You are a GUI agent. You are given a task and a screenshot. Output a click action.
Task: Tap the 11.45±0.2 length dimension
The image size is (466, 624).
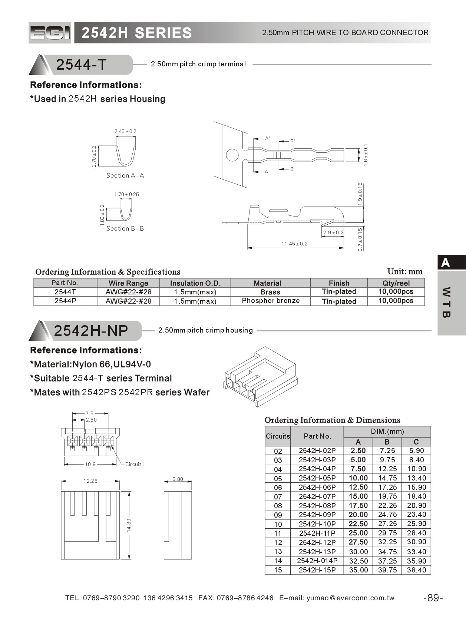294,244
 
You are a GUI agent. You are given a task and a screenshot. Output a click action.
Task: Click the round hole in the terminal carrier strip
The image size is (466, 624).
232,155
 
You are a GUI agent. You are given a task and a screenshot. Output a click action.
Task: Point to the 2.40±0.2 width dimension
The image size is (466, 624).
125,131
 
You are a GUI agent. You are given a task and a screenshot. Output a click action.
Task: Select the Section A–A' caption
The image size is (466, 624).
126,175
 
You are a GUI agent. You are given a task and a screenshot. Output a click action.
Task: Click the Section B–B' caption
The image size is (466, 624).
126,228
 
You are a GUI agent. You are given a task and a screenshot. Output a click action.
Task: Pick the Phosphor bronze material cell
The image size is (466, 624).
271,301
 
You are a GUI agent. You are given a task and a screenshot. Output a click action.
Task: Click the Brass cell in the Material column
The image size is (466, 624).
270,292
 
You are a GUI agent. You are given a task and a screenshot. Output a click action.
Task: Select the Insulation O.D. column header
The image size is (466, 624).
195,283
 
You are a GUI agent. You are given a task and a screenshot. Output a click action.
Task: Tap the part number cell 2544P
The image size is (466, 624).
65,301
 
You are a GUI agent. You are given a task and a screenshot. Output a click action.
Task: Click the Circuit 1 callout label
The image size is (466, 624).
135,464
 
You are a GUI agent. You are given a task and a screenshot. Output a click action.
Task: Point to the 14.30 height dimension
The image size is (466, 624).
129,525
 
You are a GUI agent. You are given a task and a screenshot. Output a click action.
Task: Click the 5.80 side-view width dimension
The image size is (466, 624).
178,479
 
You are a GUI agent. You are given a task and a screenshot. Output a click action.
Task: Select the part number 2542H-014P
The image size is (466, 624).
317,561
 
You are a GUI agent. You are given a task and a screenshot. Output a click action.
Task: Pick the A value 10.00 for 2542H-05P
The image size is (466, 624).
358,478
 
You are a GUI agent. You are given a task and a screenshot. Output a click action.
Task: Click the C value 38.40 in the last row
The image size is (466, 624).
416,570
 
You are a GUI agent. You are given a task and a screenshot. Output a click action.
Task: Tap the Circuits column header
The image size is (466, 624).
278,436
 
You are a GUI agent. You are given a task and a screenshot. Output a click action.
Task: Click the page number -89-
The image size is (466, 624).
433,598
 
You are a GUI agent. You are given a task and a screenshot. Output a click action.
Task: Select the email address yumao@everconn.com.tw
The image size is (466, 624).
350,598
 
